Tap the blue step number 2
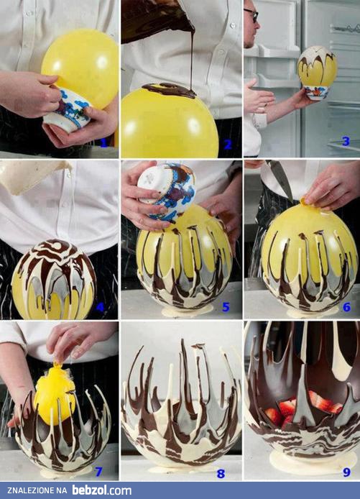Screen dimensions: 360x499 [228, 145]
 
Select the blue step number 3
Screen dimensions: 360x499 [346, 142]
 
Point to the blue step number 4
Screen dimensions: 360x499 [100, 307]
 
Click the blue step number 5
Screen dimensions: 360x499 [226, 307]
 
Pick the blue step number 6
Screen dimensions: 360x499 [346, 307]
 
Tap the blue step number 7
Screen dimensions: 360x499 [99, 472]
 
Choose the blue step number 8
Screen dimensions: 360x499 [221, 473]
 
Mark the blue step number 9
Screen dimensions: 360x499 [346, 472]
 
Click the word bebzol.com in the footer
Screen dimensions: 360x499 [101, 490]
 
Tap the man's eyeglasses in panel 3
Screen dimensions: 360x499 [251, 15]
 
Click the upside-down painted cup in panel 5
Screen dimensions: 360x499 [166, 191]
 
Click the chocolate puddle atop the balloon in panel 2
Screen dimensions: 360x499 [169, 90]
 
